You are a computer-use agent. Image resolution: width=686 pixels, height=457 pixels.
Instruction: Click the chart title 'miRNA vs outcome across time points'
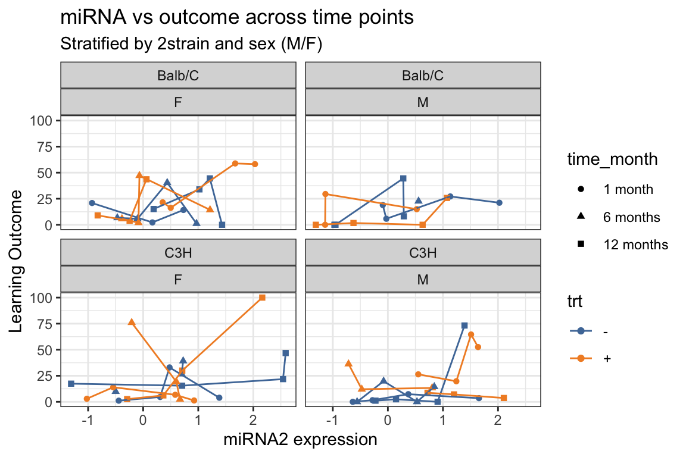(x=237, y=18)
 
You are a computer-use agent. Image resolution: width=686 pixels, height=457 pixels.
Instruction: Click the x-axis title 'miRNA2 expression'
(x=300, y=440)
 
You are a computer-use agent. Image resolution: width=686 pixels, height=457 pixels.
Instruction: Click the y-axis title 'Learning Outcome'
(x=18, y=262)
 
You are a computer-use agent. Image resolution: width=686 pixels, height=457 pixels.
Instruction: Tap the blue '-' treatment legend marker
(x=581, y=331)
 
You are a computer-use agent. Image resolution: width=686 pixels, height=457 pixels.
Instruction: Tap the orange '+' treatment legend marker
(x=581, y=358)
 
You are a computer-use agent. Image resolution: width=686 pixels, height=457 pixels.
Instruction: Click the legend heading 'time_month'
(x=612, y=159)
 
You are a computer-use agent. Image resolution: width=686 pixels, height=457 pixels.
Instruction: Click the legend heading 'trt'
(x=575, y=302)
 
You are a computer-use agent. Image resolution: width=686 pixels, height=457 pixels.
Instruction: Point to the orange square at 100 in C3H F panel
(x=262, y=298)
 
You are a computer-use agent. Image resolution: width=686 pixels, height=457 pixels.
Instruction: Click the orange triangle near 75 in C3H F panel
(x=132, y=322)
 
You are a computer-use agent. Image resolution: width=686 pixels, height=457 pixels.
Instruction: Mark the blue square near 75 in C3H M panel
(x=464, y=325)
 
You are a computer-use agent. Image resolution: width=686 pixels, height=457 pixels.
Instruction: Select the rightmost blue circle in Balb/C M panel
(x=499, y=203)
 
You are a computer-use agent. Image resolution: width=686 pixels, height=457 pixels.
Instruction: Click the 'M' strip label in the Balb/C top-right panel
(x=423, y=102)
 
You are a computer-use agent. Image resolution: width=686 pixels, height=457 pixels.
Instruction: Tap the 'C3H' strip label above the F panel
(x=178, y=252)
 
